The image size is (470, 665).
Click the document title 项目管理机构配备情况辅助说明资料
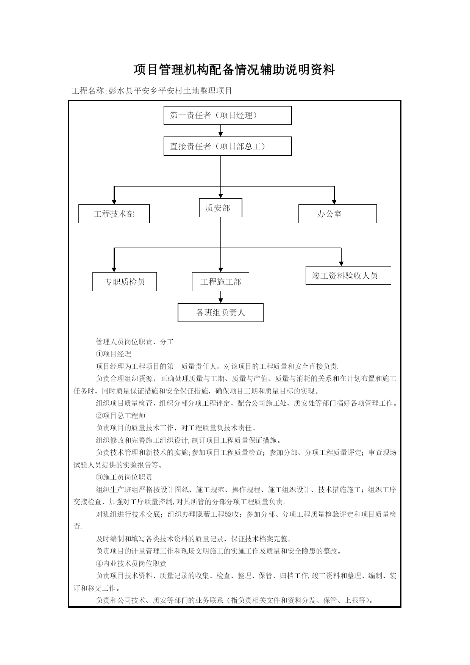[x=234, y=70]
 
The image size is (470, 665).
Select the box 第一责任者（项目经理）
[x=228, y=115]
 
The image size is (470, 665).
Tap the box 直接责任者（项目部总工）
[x=228, y=146]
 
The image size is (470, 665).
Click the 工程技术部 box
[x=114, y=214]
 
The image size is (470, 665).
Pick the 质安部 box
[x=221, y=208]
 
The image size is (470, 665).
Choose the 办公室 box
[x=338, y=214]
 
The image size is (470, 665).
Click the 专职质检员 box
[x=125, y=282]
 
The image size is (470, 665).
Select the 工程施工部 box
[x=220, y=282]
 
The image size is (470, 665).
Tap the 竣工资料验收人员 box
[x=348, y=276]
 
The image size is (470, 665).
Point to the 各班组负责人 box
[x=220, y=312]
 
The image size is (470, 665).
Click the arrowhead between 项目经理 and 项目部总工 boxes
[x=221, y=134]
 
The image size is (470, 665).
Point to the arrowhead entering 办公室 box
[x=334, y=202]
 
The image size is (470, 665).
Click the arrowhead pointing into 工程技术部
[x=114, y=202]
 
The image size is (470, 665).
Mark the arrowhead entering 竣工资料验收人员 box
[x=341, y=263]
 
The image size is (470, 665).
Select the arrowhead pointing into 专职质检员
[x=114, y=270]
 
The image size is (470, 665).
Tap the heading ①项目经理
[x=114, y=354]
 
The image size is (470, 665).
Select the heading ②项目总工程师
[x=120, y=416]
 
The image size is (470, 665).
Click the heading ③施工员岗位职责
[x=124, y=477]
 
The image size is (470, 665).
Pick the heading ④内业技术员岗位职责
[x=131, y=563]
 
